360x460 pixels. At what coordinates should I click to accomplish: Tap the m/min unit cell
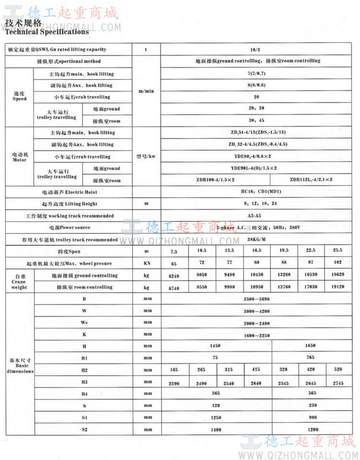click(146, 91)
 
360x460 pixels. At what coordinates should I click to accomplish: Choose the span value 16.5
click(256, 251)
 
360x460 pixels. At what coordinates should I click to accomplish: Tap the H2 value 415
click(256, 370)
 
